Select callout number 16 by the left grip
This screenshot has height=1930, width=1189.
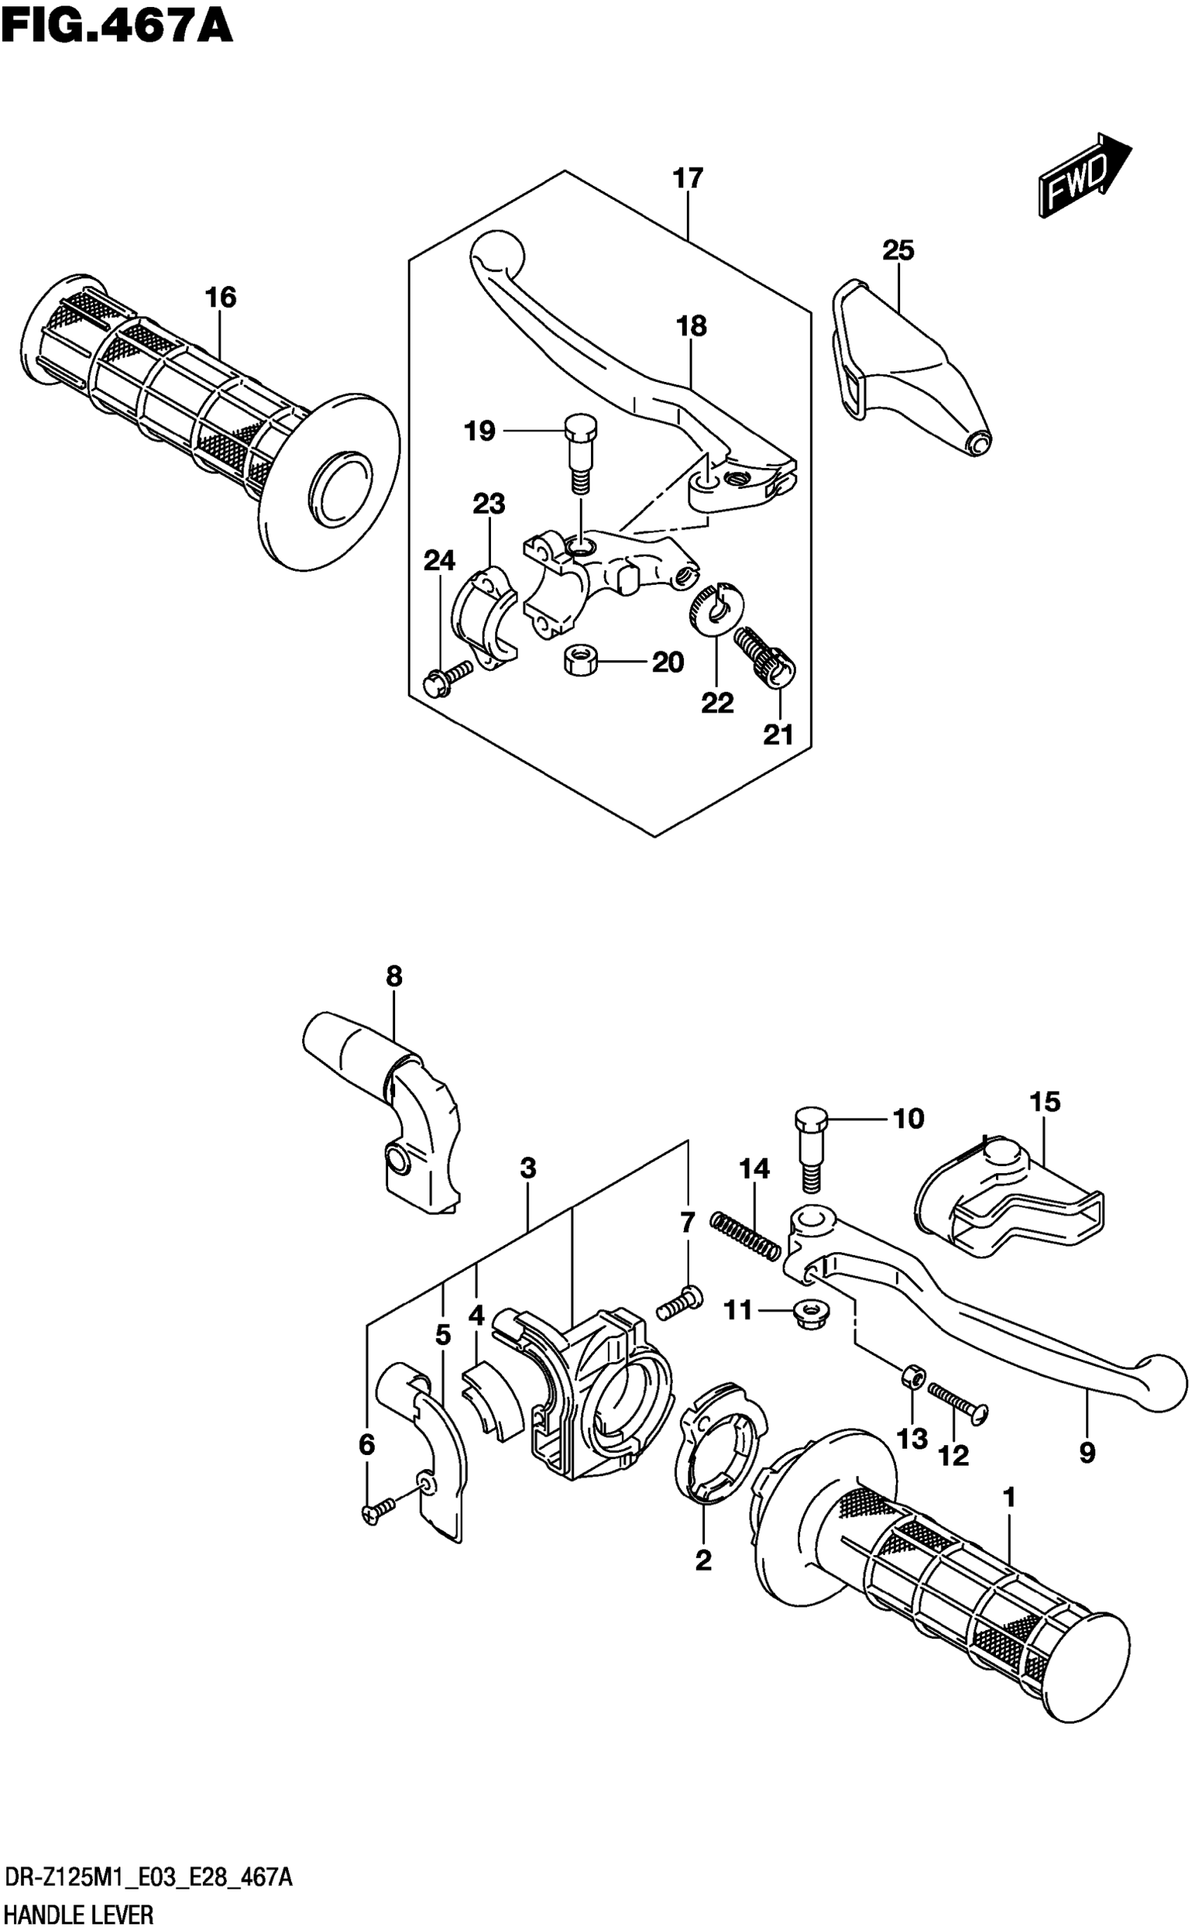click(220, 297)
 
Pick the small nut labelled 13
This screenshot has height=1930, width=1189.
click(912, 1377)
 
